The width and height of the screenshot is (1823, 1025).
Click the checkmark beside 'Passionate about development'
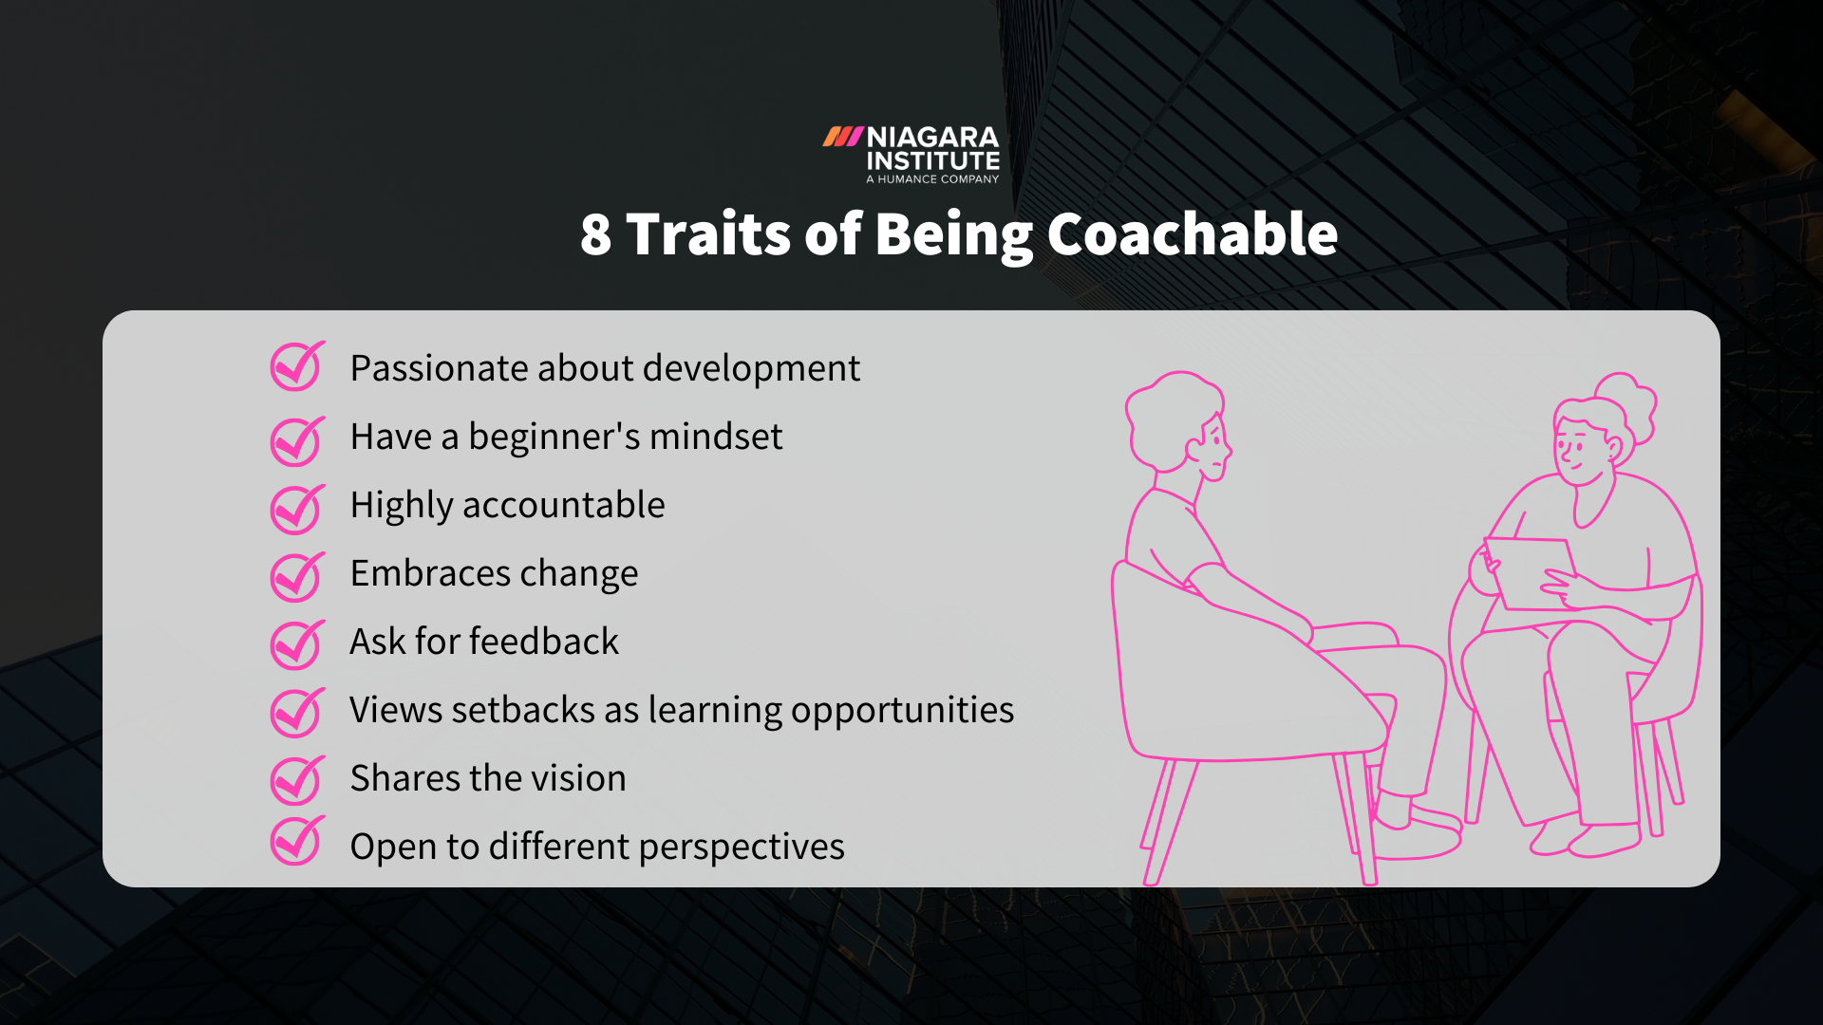tap(296, 366)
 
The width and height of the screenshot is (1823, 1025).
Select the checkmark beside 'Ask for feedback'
tap(296, 645)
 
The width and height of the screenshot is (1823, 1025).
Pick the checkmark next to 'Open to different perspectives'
tap(296, 841)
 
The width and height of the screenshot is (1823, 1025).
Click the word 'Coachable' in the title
tap(1192, 233)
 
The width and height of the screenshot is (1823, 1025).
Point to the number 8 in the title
tap(595, 234)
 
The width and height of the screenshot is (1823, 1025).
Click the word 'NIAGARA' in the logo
tap(932, 138)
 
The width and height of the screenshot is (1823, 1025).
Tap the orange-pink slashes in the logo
tap(842, 138)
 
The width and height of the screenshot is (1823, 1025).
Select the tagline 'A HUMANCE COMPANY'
tap(932, 179)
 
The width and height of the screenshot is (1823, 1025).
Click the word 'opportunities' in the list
tap(902, 711)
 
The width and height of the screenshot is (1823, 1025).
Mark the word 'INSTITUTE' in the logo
tap(932, 161)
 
